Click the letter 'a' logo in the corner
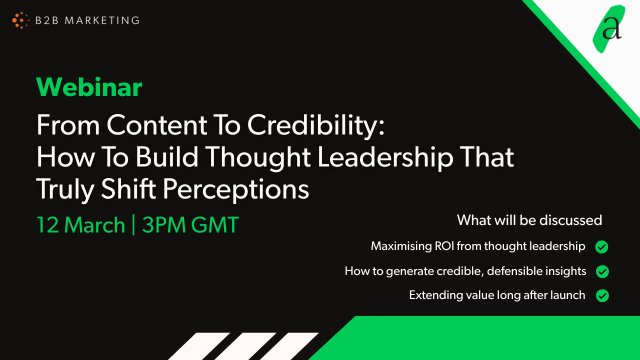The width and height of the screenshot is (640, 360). (x=611, y=29)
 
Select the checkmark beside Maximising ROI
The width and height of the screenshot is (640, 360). (x=602, y=246)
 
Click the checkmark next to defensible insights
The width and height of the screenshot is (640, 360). (x=602, y=271)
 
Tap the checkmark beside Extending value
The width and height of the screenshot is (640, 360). (x=602, y=296)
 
